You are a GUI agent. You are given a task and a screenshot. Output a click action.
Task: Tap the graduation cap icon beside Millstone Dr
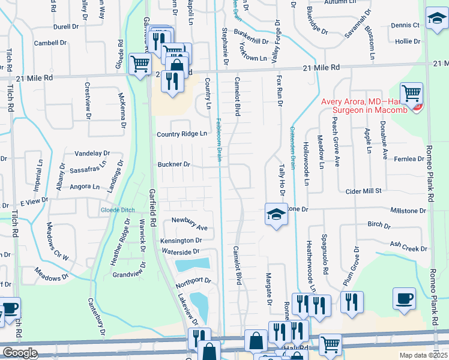(x=276, y=215)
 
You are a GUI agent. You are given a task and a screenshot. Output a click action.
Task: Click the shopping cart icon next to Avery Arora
(x=411, y=94)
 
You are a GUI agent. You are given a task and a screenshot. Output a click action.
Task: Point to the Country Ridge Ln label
(x=181, y=134)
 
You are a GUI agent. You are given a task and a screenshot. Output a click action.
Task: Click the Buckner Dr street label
(x=174, y=164)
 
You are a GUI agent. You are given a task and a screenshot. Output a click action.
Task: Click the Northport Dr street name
(x=193, y=280)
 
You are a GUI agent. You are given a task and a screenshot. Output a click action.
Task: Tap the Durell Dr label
(x=66, y=27)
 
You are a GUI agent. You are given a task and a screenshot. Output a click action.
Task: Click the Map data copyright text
(x=423, y=355)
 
